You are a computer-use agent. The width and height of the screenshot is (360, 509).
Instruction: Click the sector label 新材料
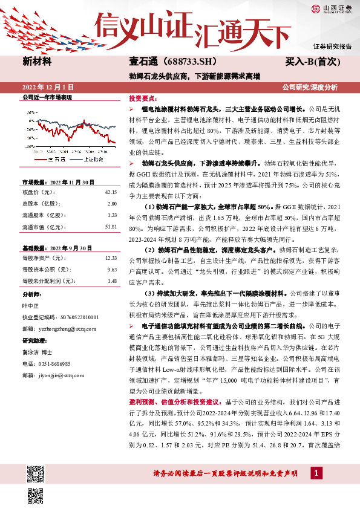pyautogui.click(x=37, y=62)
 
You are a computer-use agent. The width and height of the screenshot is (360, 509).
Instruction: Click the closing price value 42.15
pyautogui.click(x=110, y=192)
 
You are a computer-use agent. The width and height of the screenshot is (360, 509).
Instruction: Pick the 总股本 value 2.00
pyautogui.click(x=111, y=204)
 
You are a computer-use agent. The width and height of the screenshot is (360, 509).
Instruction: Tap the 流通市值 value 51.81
pyautogui.click(x=110, y=226)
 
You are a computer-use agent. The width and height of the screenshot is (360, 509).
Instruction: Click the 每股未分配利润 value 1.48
pyautogui.click(x=111, y=280)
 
